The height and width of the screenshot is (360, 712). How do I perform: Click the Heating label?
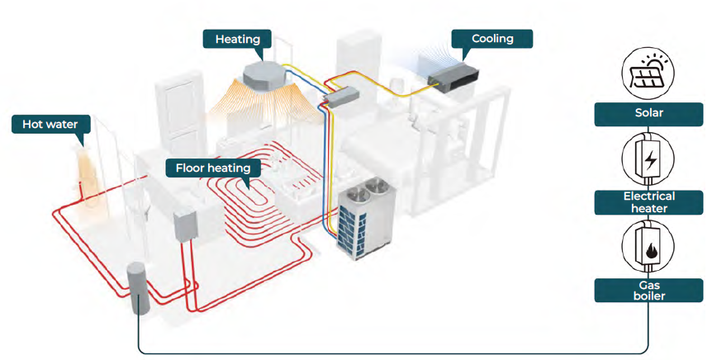[x=237, y=39]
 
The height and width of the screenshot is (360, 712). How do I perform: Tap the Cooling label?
[x=492, y=39]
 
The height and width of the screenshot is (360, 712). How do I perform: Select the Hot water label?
[x=45, y=125]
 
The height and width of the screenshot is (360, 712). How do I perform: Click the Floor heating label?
[x=213, y=168]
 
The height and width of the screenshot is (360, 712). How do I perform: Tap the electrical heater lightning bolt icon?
[x=649, y=159]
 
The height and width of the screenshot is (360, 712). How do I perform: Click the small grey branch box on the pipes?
[x=339, y=97]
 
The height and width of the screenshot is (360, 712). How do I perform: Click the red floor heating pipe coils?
[x=256, y=190]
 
